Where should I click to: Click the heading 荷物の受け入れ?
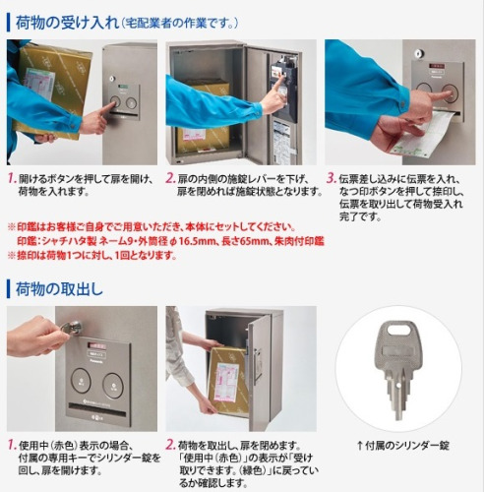pos(67,23)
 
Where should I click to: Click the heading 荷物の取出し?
pos(59,289)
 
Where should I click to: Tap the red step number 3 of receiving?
pos(331,178)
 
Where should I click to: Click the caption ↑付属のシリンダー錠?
pos(402,446)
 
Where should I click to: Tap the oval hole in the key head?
pos(398,329)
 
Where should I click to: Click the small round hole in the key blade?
pos(397,386)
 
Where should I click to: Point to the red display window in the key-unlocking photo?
pos(96,345)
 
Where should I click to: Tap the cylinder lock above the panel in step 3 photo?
pos(420,53)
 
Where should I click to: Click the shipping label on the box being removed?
pos(226,382)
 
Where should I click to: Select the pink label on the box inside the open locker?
pos(194,134)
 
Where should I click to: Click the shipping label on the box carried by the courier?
pos(39,84)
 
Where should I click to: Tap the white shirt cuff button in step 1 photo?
pos(74,125)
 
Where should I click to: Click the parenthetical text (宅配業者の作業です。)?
pos(179,23)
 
